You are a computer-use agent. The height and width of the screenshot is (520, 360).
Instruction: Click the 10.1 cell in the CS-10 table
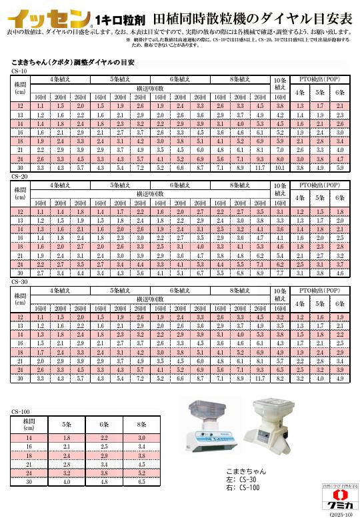coord(280,167)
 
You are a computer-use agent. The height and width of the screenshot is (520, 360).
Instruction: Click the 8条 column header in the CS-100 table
coord(141,423)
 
